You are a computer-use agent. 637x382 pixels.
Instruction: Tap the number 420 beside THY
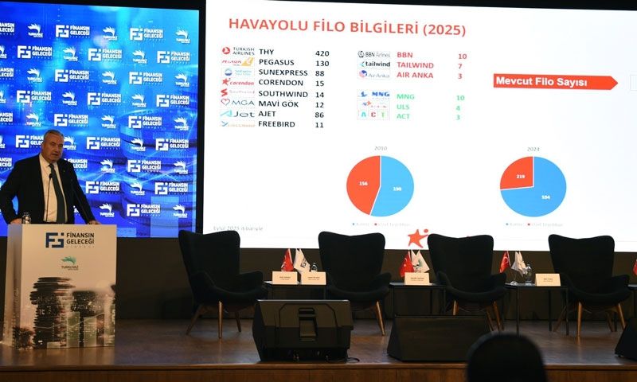(322, 53)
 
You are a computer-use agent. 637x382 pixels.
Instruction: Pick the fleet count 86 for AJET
(319, 115)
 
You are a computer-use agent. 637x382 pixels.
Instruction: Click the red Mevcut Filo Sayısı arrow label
(554, 82)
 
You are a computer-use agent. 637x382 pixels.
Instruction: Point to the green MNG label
(405, 98)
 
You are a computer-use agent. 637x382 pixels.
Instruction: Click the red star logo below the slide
(417, 237)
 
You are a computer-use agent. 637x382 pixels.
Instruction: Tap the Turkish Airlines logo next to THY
(237, 52)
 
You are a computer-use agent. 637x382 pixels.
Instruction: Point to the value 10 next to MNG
(459, 98)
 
